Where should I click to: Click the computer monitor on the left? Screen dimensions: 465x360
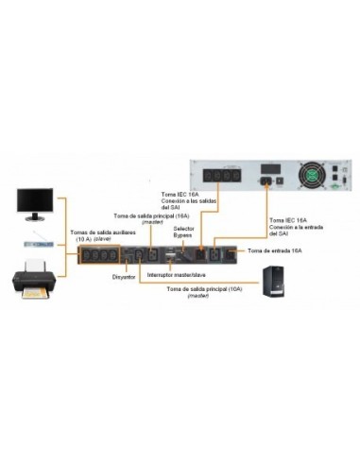(36, 200)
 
